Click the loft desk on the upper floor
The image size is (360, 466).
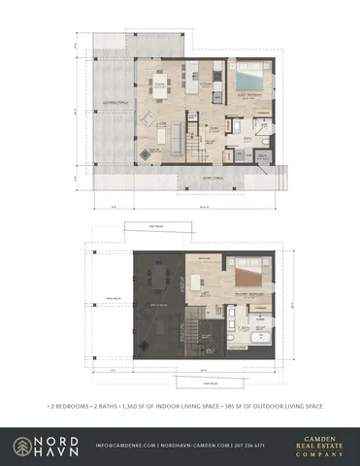200,281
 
